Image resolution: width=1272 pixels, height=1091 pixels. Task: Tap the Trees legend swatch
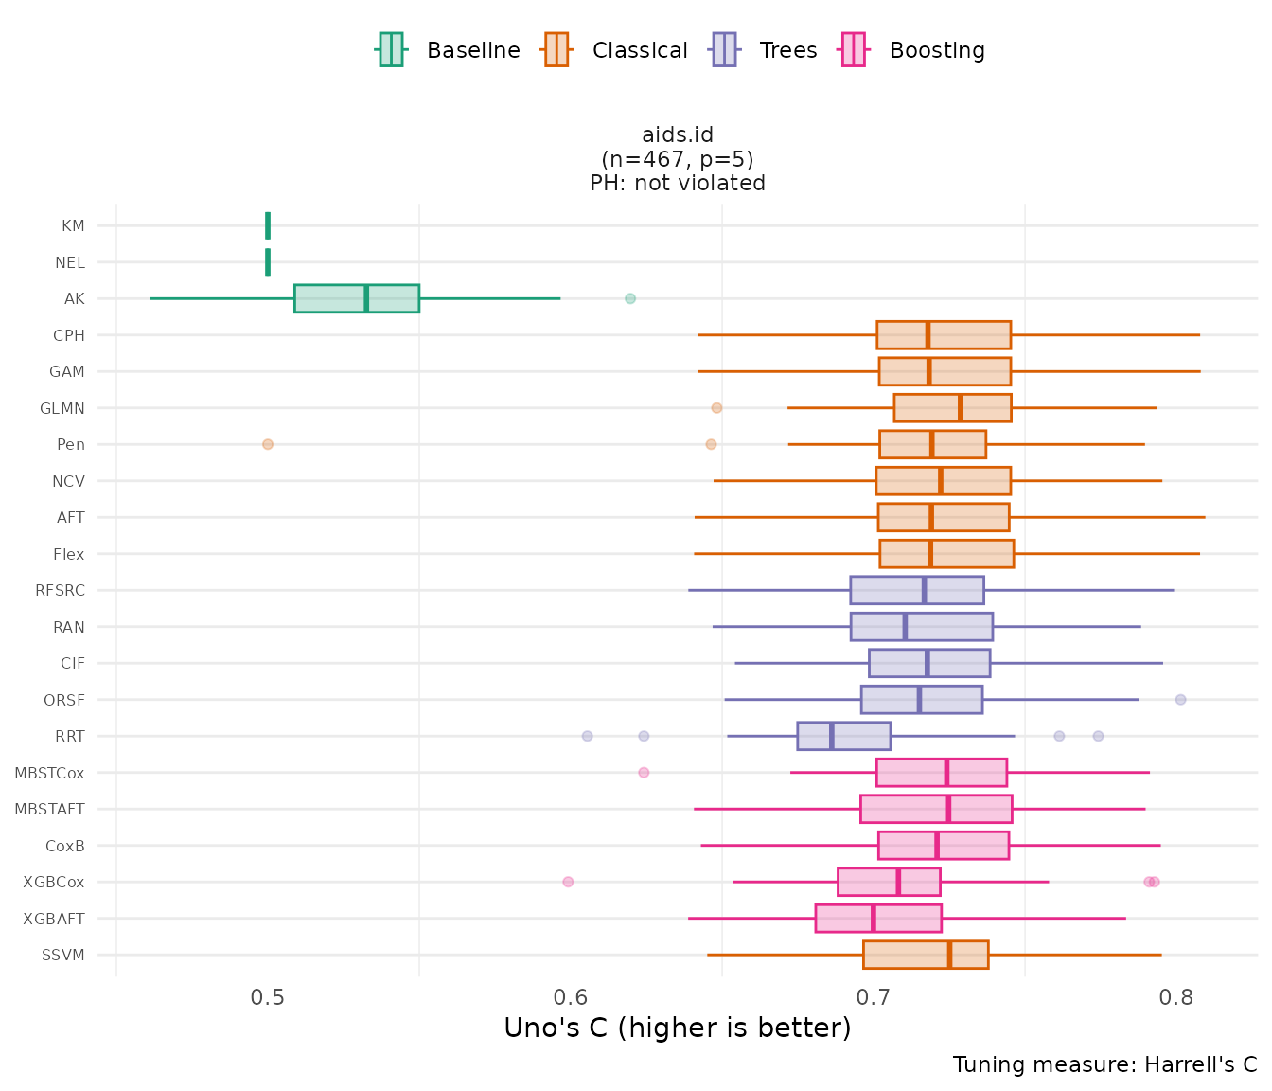coord(724,49)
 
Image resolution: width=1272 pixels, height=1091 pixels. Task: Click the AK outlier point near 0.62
coord(630,299)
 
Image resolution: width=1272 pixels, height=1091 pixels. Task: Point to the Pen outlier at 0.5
coord(268,444)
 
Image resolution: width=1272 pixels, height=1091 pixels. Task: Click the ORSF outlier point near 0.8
coord(1180,700)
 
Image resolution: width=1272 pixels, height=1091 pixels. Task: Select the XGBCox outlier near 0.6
coord(568,882)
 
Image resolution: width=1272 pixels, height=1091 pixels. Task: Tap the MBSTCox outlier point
coord(644,773)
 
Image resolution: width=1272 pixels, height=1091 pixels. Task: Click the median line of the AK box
coord(366,298)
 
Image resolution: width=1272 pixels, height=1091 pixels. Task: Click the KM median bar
coord(268,225)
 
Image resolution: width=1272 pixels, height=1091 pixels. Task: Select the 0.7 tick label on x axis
coord(873,998)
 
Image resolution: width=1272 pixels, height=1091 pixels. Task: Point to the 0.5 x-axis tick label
coord(268,998)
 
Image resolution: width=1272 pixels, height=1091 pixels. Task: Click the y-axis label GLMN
coord(62,409)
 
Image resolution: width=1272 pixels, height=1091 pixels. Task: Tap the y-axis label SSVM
coord(63,955)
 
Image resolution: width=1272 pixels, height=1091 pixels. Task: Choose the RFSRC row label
coord(60,591)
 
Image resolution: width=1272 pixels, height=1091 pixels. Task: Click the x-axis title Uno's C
coord(678,1028)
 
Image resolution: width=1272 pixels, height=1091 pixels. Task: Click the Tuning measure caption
coord(1104,1064)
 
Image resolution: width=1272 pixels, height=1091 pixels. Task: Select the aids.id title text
coord(678,135)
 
